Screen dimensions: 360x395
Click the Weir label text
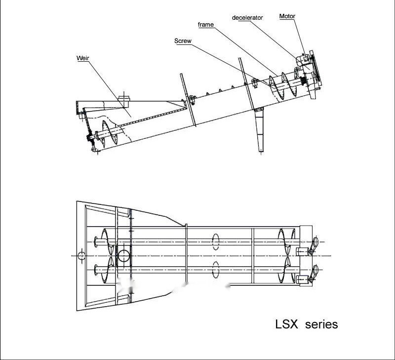click(82, 58)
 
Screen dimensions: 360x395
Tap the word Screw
click(183, 41)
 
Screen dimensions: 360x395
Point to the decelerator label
click(247, 18)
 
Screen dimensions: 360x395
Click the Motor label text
click(287, 16)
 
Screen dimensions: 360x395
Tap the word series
click(321, 324)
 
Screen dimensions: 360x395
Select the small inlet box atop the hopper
click(123, 101)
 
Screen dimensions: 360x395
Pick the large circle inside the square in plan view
click(123, 255)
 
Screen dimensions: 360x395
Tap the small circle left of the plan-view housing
click(81, 255)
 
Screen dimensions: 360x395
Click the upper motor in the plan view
click(314, 243)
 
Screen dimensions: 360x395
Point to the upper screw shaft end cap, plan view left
click(95, 241)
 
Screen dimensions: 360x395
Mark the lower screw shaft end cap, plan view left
click(95, 269)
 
